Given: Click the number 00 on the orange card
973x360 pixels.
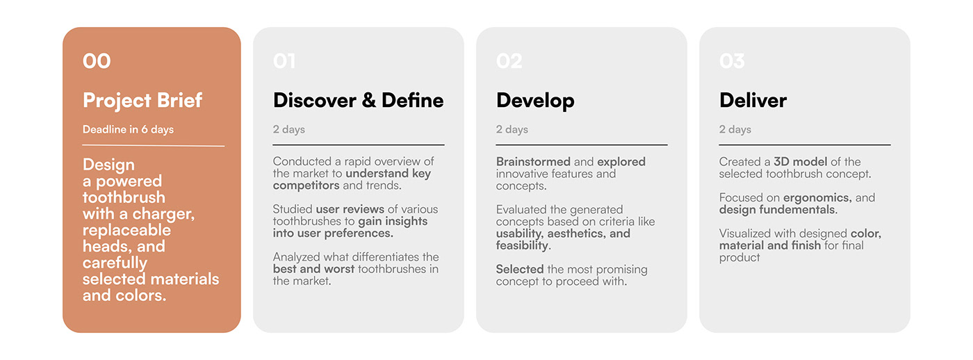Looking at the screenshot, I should coord(97,61).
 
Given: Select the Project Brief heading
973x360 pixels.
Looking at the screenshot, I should coord(142,100).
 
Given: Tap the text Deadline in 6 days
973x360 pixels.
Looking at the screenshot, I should coord(128,129).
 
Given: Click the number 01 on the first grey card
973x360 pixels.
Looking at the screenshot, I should coord(284,61).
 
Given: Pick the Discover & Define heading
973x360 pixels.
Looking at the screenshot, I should coord(358,100).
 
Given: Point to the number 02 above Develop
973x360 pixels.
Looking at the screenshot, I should coord(509,61).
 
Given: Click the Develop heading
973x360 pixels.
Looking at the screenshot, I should coord(535,100).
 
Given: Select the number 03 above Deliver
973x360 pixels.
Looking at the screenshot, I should coord(732,61).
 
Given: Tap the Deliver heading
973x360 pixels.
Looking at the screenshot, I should coord(753,100).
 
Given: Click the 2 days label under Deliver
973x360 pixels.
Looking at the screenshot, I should coord(735,129).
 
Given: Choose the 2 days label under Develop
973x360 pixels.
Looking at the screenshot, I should coord(512,129).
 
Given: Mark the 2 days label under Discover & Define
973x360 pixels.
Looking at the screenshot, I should coord(288,129).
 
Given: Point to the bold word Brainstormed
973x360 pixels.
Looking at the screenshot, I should coord(533,162).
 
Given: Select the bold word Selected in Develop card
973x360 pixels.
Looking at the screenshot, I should coord(520,269).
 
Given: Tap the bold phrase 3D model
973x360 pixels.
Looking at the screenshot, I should coord(800,162).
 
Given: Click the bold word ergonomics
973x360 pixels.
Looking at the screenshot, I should coord(817,198).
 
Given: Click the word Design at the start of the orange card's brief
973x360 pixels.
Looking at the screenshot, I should coord(108,165).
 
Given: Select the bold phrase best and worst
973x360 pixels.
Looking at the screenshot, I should coord(313,269).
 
